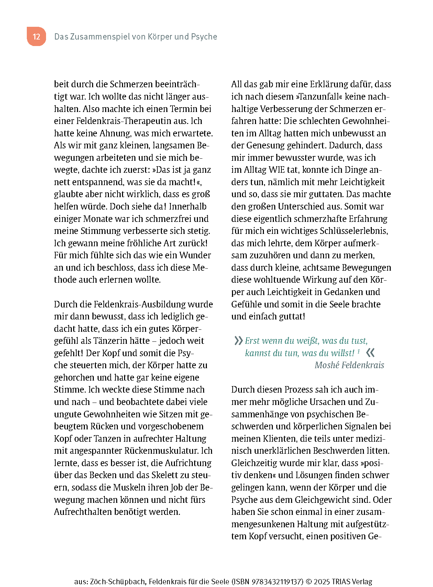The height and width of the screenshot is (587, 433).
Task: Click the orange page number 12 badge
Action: [36, 37]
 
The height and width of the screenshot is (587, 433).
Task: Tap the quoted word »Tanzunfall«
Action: [314, 97]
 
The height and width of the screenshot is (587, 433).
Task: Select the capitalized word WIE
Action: [277, 170]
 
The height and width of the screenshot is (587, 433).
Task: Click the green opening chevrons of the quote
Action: [238, 341]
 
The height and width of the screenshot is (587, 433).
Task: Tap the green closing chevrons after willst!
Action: [370, 353]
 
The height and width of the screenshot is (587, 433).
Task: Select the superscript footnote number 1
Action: [359, 351]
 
